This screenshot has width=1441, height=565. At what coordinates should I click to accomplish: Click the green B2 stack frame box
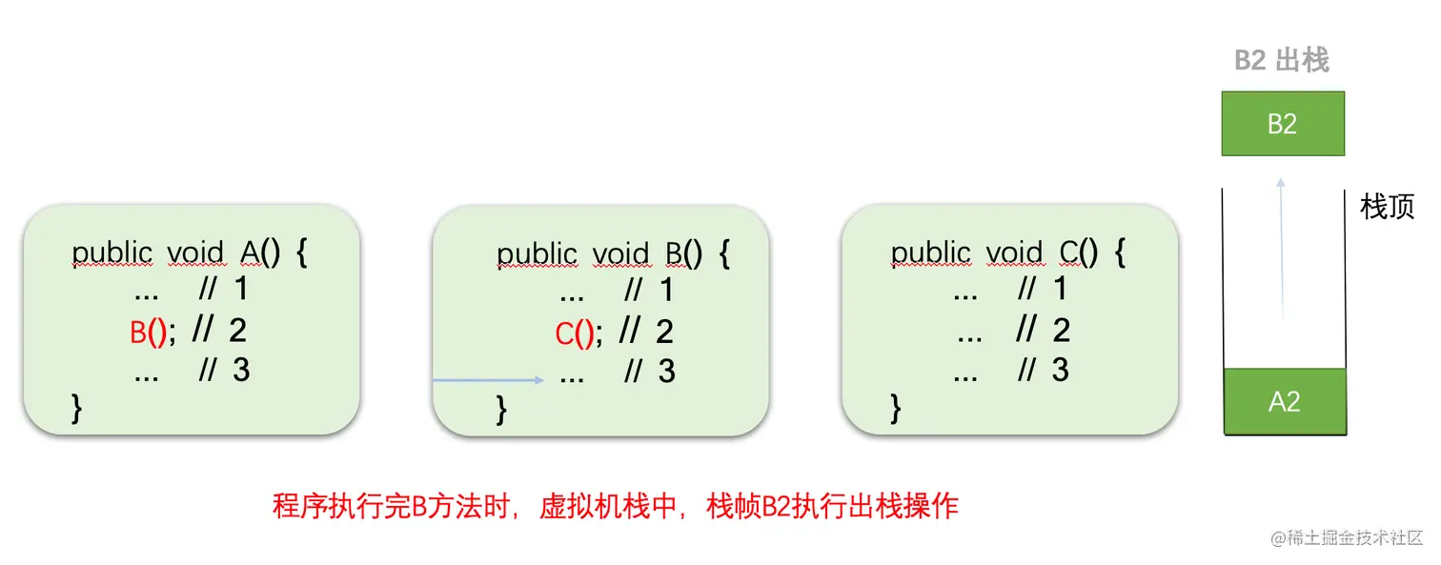click(x=1283, y=124)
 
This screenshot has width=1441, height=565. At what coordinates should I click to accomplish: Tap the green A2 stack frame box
click(x=1284, y=402)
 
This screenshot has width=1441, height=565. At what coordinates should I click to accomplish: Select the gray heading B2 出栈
click(x=1281, y=61)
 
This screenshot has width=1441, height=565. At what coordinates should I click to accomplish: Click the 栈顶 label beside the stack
click(x=1387, y=207)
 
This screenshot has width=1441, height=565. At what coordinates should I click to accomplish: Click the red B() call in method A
click(x=149, y=333)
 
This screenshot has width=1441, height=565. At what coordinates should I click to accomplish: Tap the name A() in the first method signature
click(x=259, y=253)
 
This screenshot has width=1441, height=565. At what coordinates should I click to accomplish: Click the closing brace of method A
click(x=77, y=407)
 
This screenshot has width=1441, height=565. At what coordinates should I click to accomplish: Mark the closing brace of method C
click(x=895, y=407)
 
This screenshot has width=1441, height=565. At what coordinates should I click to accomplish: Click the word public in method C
click(x=930, y=253)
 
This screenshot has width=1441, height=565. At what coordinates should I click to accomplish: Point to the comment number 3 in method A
click(x=241, y=370)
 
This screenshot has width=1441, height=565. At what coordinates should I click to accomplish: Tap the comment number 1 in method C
click(x=1060, y=289)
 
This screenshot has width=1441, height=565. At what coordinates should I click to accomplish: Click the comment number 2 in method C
click(x=1061, y=331)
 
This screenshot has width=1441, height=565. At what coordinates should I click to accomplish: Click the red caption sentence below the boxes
click(x=615, y=506)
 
